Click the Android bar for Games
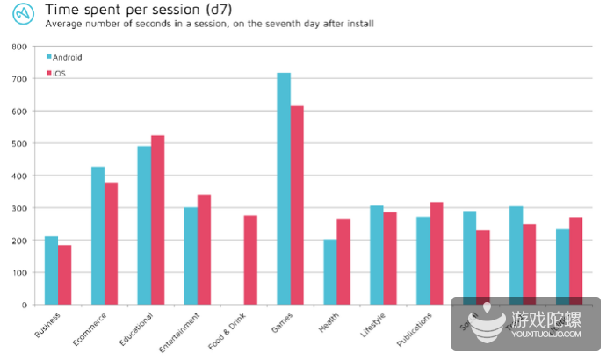pos(284,189)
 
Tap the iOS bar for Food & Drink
pos(250,273)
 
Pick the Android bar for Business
pos(51,270)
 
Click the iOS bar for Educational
pos(157,220)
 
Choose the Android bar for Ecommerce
pos(98,235)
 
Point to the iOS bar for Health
pos(343,269)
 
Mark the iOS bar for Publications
pos(437,254)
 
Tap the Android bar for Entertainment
pos(191,256)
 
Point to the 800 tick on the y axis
pos(18,47)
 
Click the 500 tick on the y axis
pos(18,143)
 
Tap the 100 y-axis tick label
pos(18,272)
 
